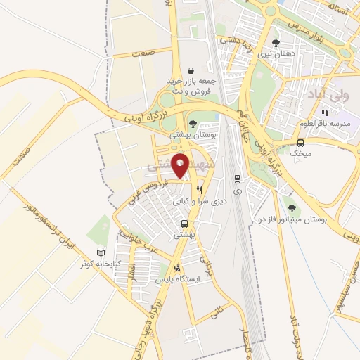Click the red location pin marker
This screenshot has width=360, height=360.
181,165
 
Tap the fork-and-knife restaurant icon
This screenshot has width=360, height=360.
200,189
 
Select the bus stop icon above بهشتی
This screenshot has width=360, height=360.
182,226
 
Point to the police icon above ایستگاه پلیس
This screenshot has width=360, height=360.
177,268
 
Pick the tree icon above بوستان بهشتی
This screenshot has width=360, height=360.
193,123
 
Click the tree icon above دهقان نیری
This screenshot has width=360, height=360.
275,42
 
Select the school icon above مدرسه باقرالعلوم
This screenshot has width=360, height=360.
324,112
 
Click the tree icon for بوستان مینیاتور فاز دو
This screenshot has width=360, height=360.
292,207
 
